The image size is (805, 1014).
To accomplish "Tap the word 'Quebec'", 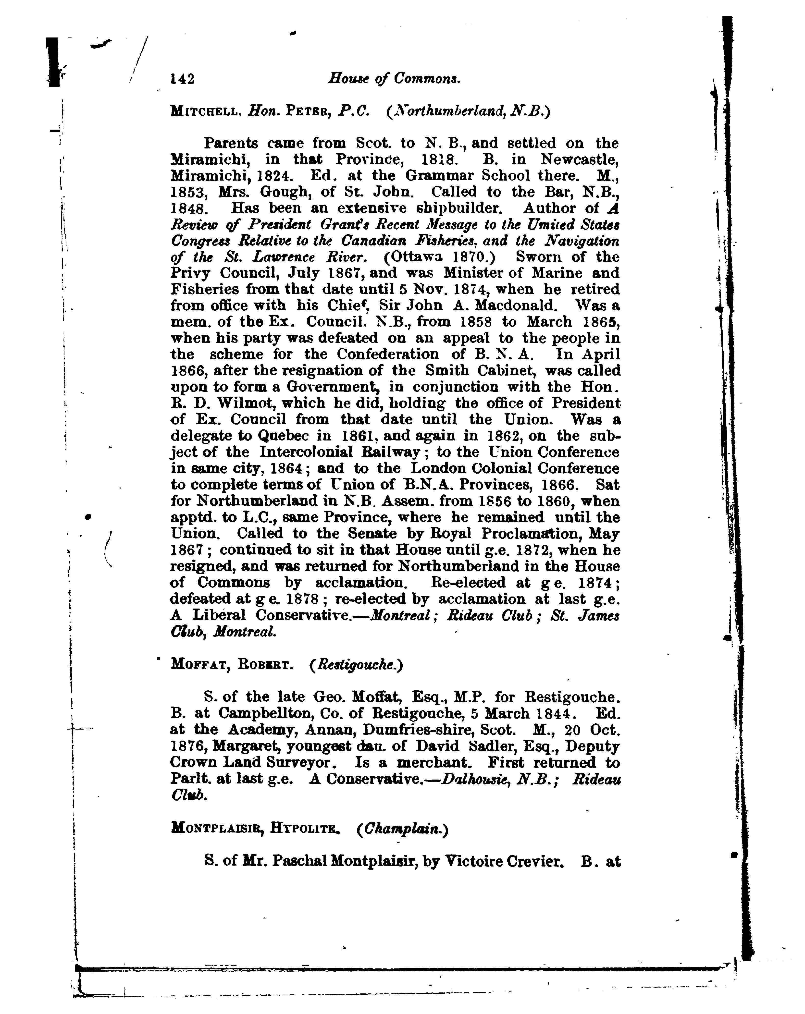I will coord(283,436).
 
